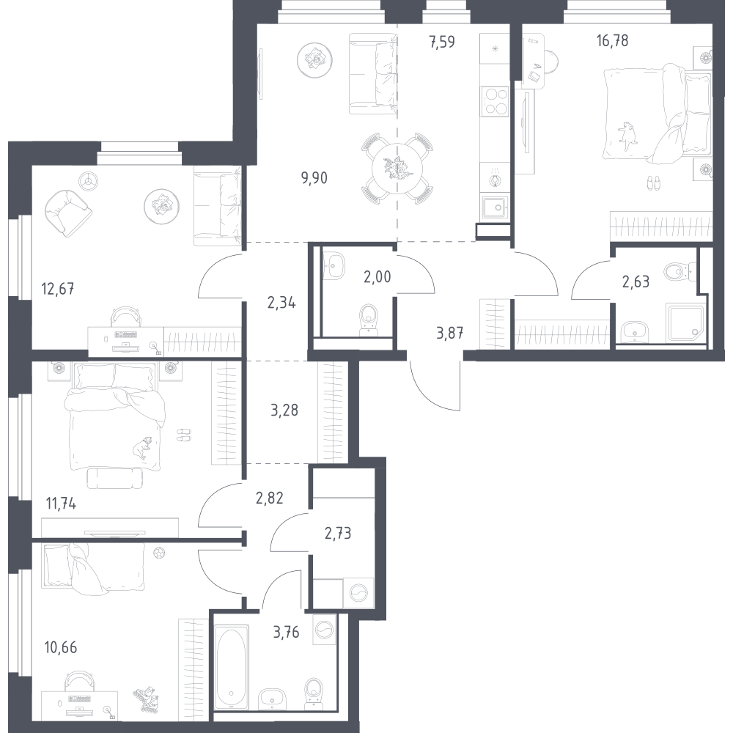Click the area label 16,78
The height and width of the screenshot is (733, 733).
612,41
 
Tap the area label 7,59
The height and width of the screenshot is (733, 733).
442,42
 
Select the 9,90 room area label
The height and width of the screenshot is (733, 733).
314,178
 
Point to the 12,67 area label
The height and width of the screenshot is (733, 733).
58,289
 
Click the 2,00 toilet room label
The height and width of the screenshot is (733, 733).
377,277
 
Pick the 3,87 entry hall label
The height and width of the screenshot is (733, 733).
450,333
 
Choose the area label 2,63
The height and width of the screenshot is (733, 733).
636,281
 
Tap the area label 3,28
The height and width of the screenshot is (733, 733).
284,410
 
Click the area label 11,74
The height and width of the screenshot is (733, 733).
61,504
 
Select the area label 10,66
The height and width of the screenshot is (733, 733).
60,647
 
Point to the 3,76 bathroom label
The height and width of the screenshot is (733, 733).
286,632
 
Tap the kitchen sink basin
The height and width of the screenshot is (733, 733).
495,207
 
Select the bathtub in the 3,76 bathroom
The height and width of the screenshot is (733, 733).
230,667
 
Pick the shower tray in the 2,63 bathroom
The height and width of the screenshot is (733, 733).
686,323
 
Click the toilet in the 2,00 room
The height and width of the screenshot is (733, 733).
369,320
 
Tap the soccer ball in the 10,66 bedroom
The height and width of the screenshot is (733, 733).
158,553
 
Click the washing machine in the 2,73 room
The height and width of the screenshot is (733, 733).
358,593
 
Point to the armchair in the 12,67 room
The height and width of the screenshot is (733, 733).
68,212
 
